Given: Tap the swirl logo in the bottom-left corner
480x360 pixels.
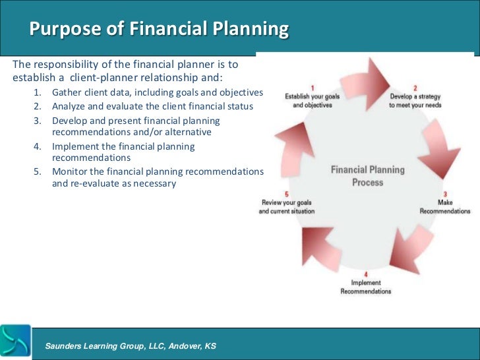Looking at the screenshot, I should tap(16, 342).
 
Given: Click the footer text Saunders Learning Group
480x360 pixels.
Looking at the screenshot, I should tap(130, 346).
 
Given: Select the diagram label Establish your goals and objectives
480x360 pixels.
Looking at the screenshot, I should tap(313, 100).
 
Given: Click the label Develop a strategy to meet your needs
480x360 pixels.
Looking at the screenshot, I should tap(415, 100).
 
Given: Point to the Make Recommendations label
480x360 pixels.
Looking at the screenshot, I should tap(445, 207).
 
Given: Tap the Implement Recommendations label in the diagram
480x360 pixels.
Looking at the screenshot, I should tap(365, 287).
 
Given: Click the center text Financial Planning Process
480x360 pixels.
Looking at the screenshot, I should tap(367, 175).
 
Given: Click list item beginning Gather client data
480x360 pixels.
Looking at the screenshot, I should tap(157, 92).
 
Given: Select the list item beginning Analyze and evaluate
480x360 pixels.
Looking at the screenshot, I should tap(152, 106).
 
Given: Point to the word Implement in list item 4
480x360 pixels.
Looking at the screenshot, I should tap(75, 146).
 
